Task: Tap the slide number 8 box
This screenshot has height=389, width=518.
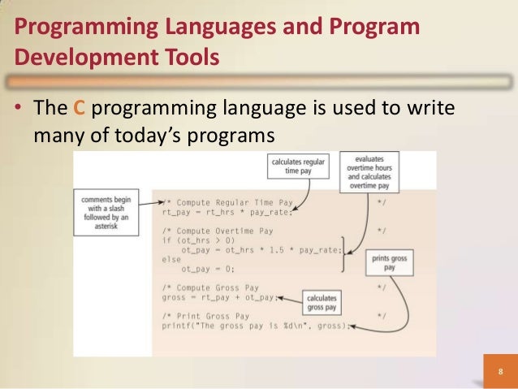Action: pos(500,373)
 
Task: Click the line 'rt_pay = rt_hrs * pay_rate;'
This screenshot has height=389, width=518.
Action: pos(225,213)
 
